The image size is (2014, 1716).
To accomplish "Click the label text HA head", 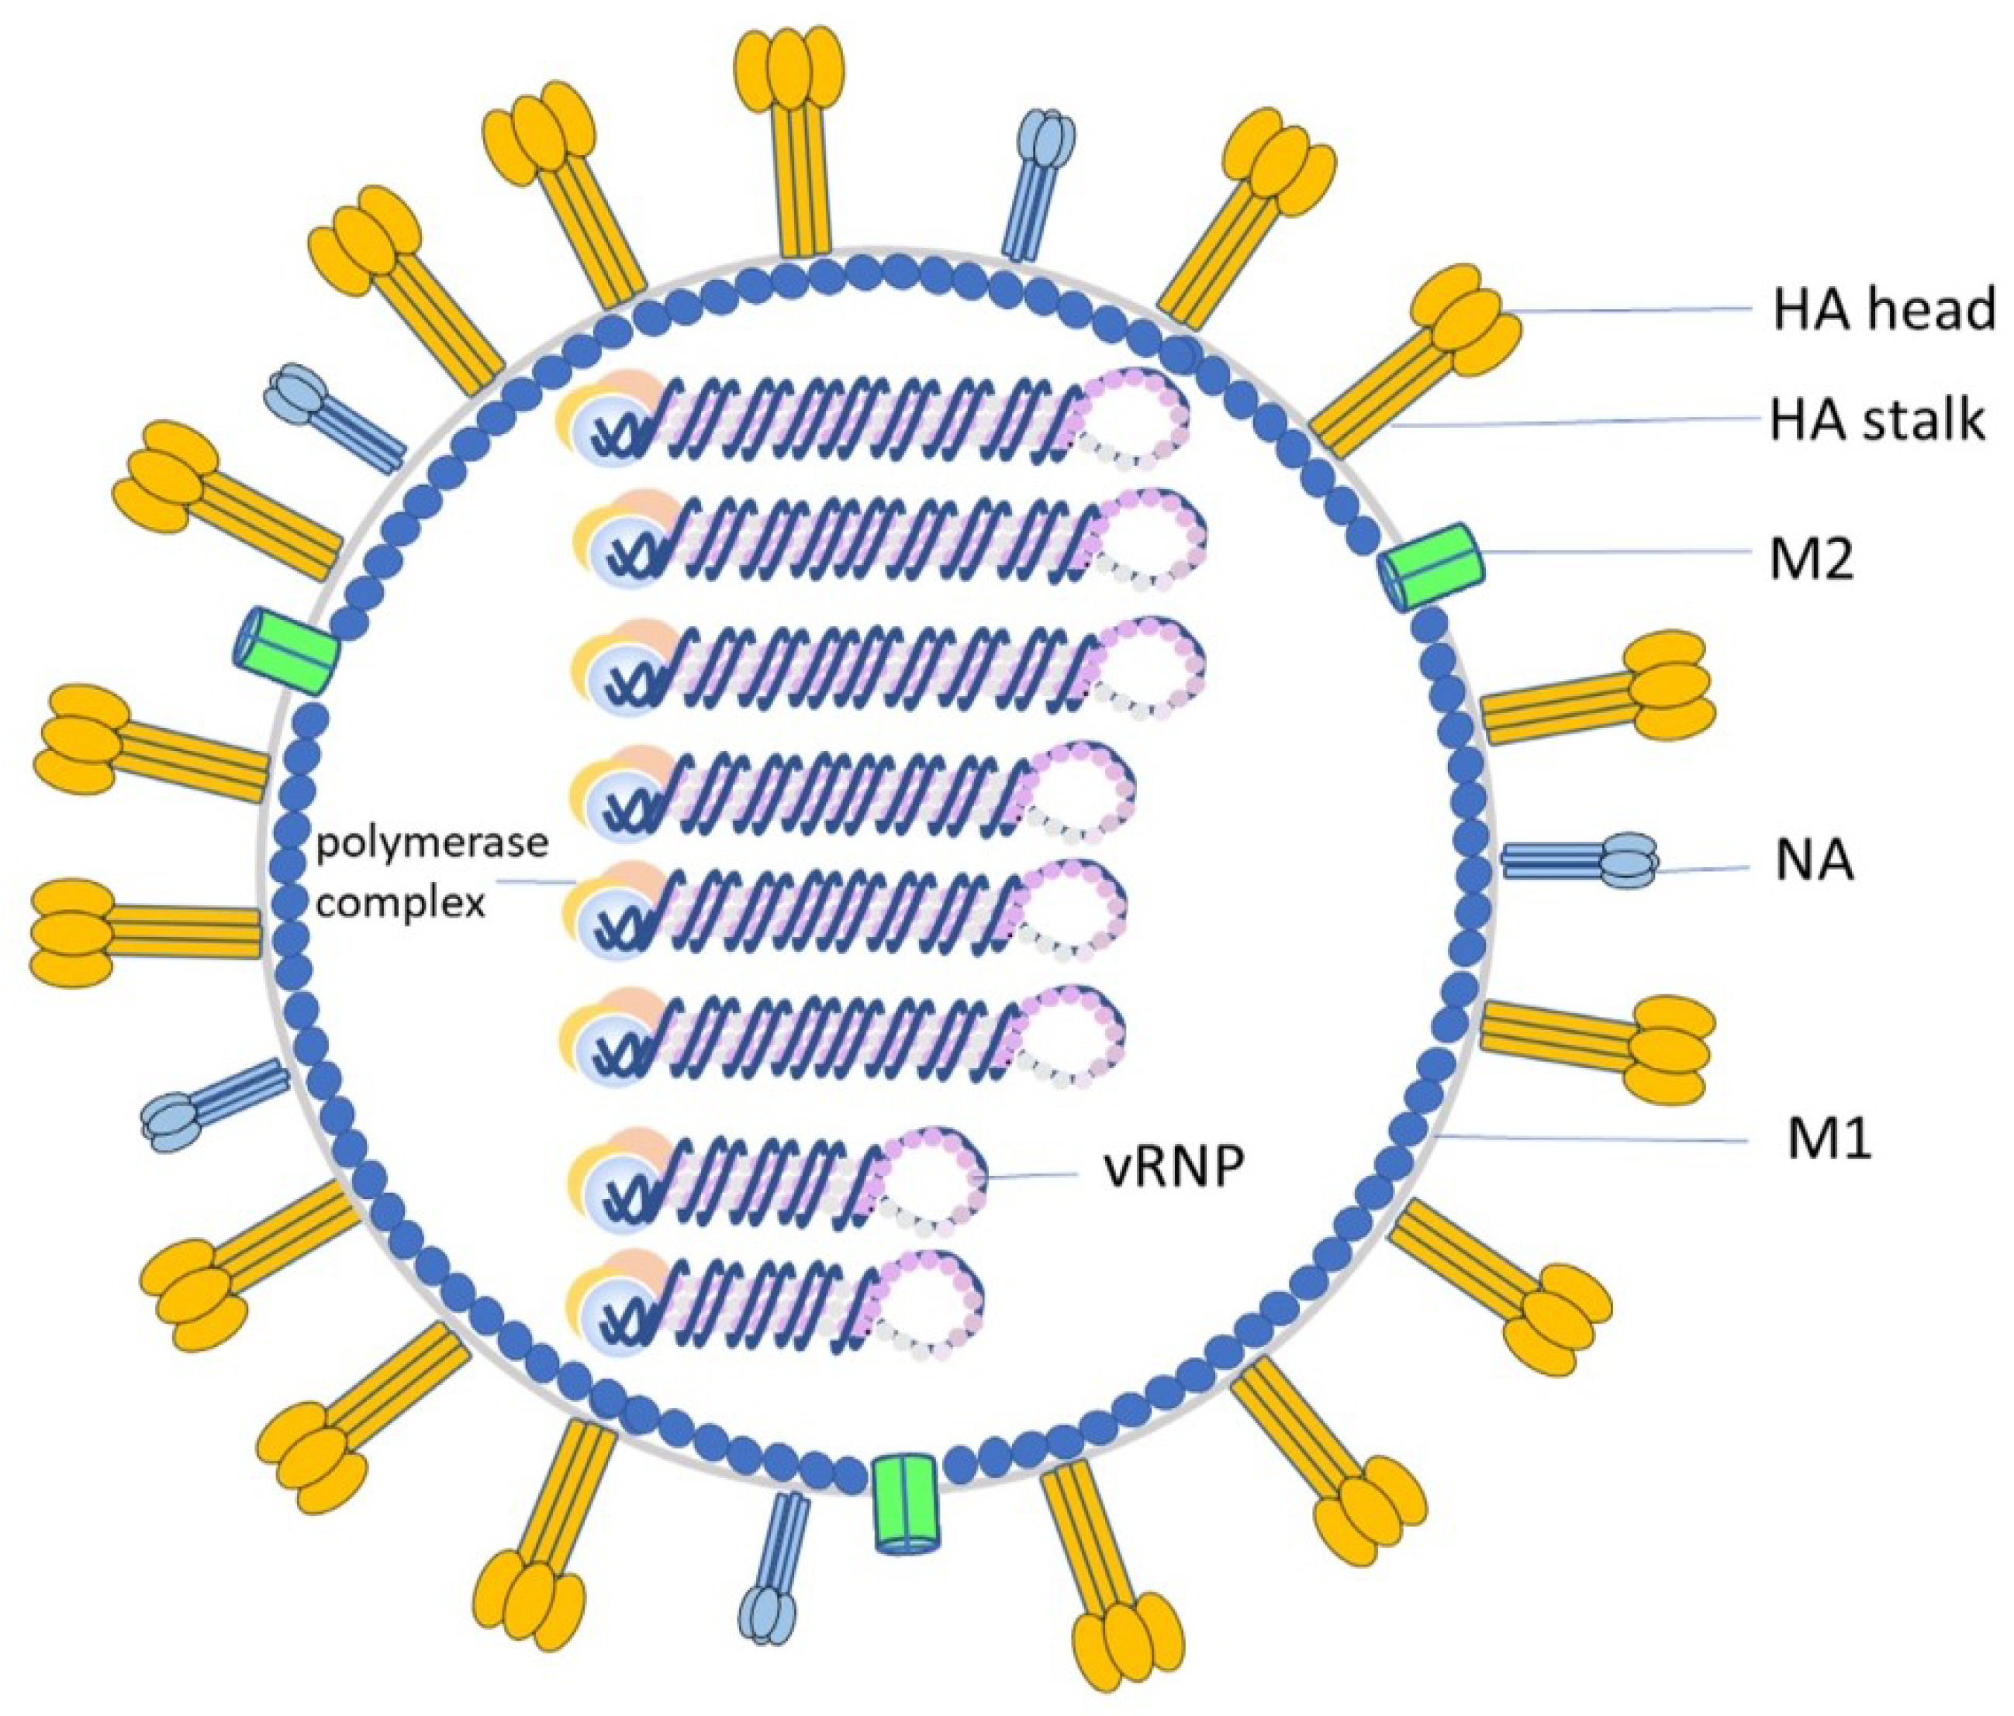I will pos(1883,309).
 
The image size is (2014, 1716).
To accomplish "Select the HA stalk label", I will pos(1876,422).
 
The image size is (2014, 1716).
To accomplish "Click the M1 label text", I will pos(1829,1141).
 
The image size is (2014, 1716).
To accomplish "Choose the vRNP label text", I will pos(1173,1169).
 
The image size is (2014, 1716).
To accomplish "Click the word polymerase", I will pos(431,843).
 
